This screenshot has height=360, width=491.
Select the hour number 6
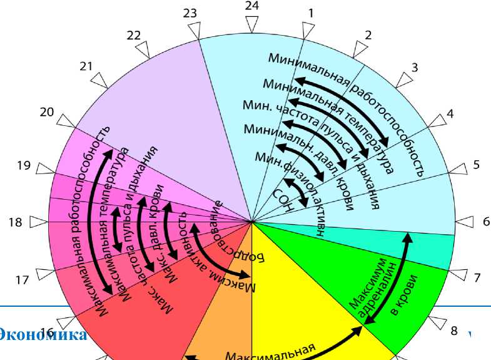[486, 221]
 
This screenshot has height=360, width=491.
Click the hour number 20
[47, 112]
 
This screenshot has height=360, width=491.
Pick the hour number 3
[415, 67]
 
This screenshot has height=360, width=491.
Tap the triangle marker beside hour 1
[307, 30]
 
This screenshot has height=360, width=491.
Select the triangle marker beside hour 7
[458, 275]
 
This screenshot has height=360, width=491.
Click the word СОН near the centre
[283, 200]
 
